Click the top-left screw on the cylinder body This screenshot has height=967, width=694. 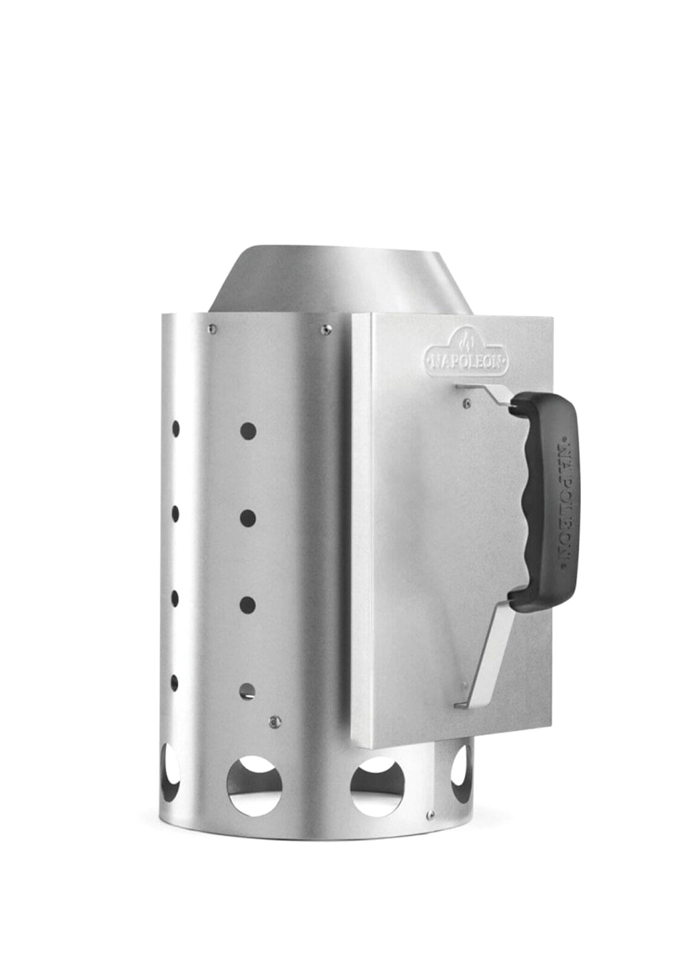click(x=212, y=329)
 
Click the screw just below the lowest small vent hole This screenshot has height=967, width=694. click(x=276, y=720)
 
